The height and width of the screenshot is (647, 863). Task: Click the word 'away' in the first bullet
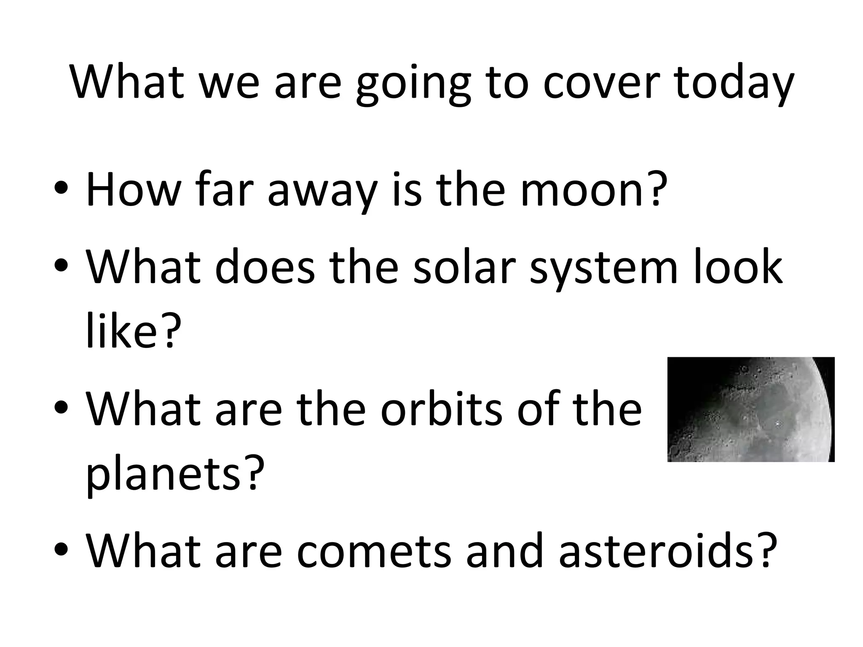pyautogui.click(x=322, y=194)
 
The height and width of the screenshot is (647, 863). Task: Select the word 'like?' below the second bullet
pyautogui.click(x=131, y=333)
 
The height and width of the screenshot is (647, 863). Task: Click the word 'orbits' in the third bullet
pyautogui.click(x=442, y=409)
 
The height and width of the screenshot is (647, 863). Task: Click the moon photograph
pyautogui.click(x=750, y=409)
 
